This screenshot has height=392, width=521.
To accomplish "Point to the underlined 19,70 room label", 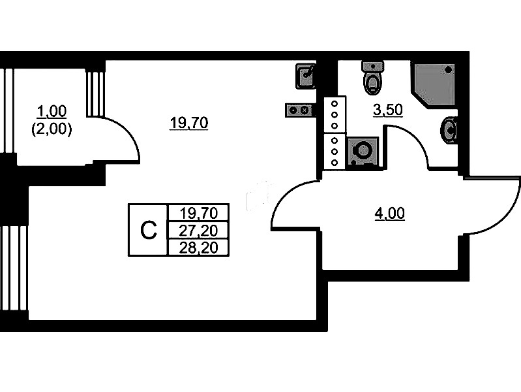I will (188, 122).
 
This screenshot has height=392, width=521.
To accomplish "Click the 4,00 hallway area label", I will (389, 213).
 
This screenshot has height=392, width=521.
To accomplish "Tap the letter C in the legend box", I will (149, 229).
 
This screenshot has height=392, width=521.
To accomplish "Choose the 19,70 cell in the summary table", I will (197, 212).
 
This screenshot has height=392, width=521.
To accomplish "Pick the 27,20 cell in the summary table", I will (197, 230).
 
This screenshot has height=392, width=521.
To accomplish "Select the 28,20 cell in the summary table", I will (197, 247).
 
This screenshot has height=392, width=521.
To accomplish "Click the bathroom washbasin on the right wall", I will (450, 129).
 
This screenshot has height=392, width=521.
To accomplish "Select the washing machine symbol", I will (361, 152).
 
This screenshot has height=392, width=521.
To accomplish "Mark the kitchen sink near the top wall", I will (306, 76).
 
